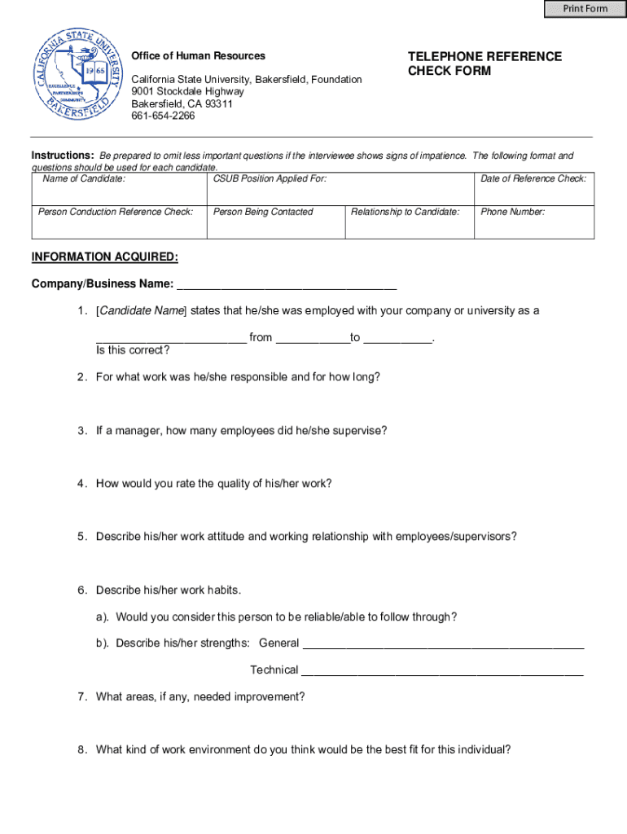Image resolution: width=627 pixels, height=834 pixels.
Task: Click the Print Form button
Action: (x=585, y=9)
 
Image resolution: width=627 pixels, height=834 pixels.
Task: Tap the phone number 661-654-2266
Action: (x=163, y=116)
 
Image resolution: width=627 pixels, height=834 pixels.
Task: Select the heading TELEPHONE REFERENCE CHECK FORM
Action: (x=484, y=64)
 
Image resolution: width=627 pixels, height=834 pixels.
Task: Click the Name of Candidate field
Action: (x=119, y=193)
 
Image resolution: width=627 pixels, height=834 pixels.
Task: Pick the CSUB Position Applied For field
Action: (x=340, y=193)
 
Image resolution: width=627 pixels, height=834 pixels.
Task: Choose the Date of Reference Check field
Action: (x=533, y=193)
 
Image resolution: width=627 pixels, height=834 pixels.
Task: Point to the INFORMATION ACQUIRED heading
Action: (x=104, y=257)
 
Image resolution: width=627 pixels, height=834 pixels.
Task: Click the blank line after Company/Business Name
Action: (x=287, y=285)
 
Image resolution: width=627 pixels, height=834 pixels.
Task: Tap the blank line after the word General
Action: (x=443, y=643)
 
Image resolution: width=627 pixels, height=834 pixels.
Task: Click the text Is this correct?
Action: (x=133, y=351)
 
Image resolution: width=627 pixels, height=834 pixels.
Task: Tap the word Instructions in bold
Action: (x=63, y=156)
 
